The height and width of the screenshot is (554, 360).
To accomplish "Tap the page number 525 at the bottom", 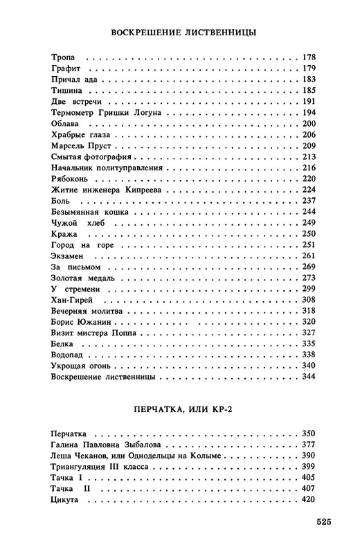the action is click(328, 521).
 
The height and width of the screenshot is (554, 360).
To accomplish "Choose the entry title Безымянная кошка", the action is click(87, 212).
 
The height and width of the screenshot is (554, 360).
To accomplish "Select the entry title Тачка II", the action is click(73, 490).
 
